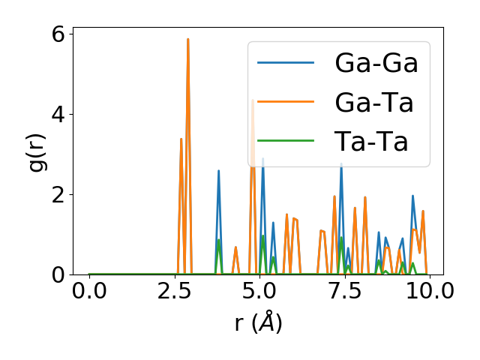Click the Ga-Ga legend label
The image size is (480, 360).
(376, 63)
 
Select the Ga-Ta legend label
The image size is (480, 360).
(374, 102)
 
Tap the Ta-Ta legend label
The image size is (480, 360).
(371, 141)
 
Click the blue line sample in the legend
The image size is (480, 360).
(286, 63)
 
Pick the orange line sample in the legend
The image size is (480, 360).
(286, 102)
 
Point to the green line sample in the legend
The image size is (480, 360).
(286, 141)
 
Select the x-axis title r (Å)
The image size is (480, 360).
(258, 323)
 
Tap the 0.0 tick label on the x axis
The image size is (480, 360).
(89, 291)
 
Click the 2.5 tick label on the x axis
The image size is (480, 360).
(174, 291)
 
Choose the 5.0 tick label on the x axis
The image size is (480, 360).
(259, 291)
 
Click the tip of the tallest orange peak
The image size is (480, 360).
(188, 39)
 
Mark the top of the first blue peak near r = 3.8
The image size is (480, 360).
(218, 171)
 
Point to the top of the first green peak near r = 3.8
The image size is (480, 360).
(218, 240)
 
